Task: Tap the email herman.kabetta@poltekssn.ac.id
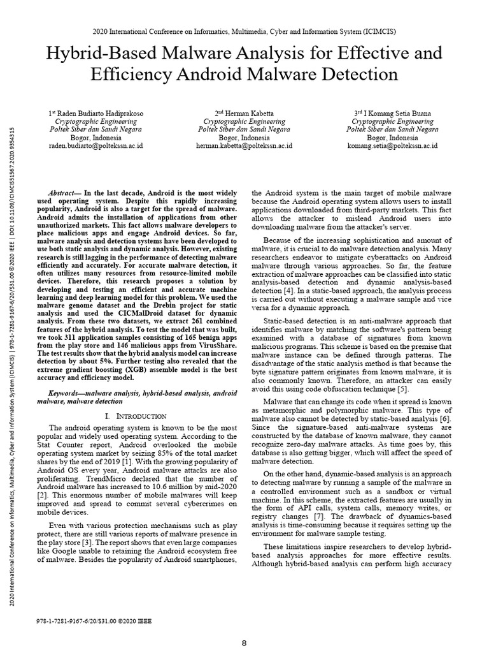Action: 244,145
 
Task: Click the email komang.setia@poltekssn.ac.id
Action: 393,145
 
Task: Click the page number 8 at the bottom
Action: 244,643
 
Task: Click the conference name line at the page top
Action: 244,30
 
